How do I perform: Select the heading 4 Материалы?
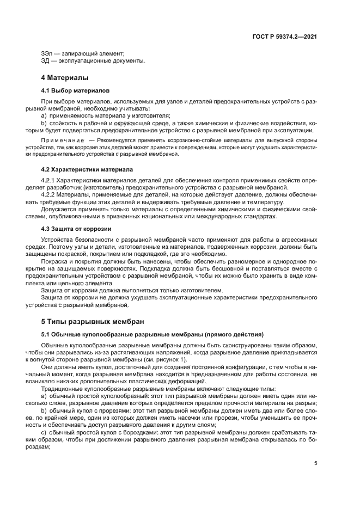(x=65, y=77)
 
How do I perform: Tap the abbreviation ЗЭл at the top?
(x=47, y=53)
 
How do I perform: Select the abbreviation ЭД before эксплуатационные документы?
(x=46, y=60)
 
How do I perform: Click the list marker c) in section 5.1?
(x=44, y=433)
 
